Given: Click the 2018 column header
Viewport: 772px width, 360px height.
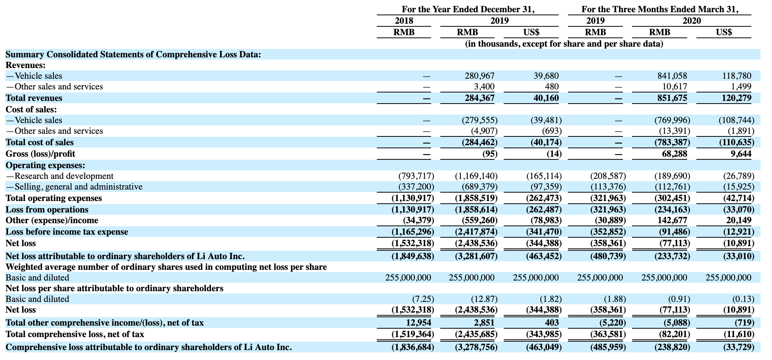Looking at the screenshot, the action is [404, 21].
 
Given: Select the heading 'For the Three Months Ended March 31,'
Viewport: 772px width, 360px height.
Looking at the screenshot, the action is [660, 10].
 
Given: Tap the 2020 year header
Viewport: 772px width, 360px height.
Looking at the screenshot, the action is [692, 21].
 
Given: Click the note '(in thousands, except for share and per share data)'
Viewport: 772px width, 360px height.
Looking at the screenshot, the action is [564, 44].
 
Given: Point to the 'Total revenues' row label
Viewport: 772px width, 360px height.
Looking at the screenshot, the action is [34, 98].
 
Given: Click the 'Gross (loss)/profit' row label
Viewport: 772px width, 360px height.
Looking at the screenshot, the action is [41, 154].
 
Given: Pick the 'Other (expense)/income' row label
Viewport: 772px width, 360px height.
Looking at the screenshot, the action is [52, 221].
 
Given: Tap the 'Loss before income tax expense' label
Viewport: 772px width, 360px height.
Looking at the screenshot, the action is [67, 232].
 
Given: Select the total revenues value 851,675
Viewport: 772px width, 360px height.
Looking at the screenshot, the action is [672, 98].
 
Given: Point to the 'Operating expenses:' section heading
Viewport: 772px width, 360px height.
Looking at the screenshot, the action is [45, 165].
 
